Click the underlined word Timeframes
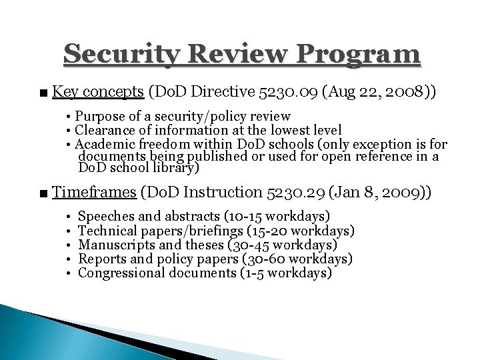point(95,193)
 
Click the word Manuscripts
point(112,245)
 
